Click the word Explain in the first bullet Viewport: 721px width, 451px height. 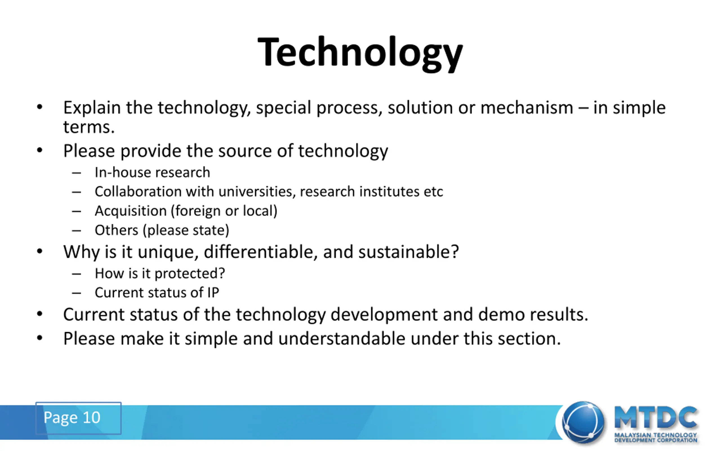(x=92, y=108)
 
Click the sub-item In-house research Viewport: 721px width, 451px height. (x=152, y=173)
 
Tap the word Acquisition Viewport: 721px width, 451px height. (x=130, y=211)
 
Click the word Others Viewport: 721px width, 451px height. (x=117, y=230)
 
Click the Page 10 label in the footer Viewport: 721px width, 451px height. (x=72, y=417)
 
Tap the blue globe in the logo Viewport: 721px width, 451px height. (x=583, y=422)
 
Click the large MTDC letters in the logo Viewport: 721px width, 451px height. (x=655, y=417)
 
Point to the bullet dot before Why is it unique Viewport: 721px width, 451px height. (x=40, y=251)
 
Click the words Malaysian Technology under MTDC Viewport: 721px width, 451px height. (x=655, y=435)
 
